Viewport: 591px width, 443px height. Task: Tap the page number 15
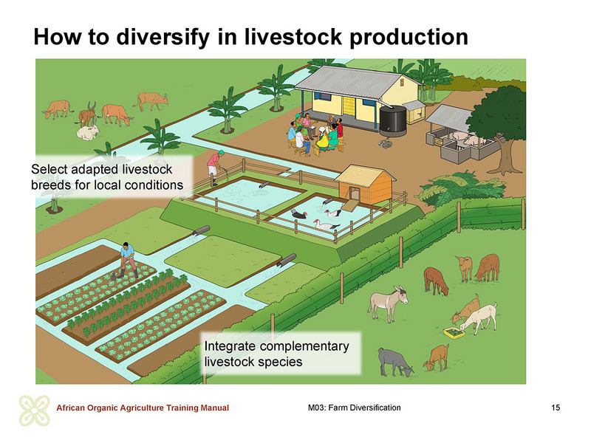tap(556, 408)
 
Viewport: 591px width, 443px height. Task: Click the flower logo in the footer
tap(35, 411)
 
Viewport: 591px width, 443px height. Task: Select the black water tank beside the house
tap(393, 120)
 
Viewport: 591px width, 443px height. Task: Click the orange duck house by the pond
tap(364, 185)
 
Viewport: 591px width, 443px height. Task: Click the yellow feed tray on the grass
tap(454, 333)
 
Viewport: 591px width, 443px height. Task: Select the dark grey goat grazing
tap(394, 362)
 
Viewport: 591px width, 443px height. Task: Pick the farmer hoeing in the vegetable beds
tap(128, 260)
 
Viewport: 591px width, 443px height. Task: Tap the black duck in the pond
tap(299, 213)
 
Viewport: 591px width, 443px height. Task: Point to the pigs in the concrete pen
tap(465, 139)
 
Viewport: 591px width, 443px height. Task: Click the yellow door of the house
tap(349, 106)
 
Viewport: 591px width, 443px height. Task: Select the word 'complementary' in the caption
tap(304, 346)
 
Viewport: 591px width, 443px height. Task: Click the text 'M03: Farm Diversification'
tap(355, 408)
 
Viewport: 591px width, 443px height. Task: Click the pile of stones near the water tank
tap(386, 143)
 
